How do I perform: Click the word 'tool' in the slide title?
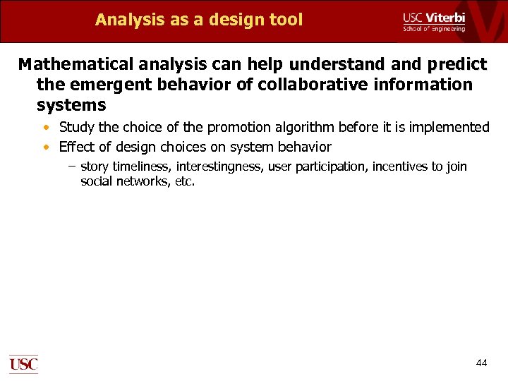click(x=285, y=20)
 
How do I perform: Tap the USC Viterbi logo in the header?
click(x=433, y=21)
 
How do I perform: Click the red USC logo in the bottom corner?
click(x=23, y=363)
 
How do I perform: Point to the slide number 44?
click(x=481, y=363)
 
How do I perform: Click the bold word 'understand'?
click(x=337, y=65)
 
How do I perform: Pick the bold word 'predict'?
click(x=456, y=65)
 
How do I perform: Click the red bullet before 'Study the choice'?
click(x=46, y=128)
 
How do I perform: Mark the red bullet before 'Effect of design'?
click(x=46, y=147)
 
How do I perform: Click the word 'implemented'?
click(x=447, y=128)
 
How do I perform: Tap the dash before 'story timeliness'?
click(x=72, y=167)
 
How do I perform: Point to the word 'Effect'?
click(x=76, y=147)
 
